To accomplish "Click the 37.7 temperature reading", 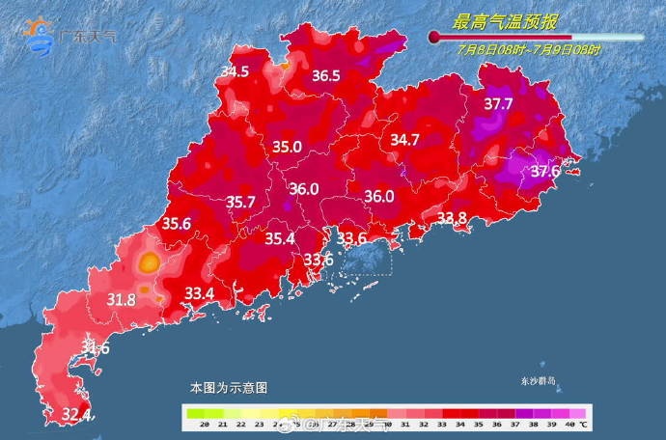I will pos(498,103).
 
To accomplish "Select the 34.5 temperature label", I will pos(235,71).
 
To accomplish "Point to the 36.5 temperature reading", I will pos(325,75).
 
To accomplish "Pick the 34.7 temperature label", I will pos(404,140).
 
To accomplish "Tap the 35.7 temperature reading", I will pos(240,202).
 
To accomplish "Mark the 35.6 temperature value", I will pos(176,223).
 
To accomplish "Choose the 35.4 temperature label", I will pos(280,238).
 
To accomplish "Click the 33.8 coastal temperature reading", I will pos(452,218).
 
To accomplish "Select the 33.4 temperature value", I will pos(199,292).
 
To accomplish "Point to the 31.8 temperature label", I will pos(121,299).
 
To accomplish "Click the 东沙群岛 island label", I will pos(539,380).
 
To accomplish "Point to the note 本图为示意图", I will pos(229,387).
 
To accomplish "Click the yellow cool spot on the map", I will pos(149,261).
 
